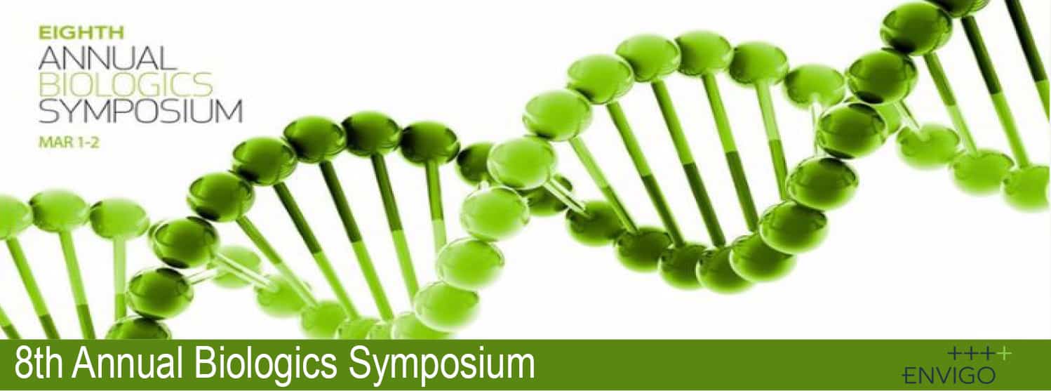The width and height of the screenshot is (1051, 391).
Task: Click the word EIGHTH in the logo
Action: (81, 33)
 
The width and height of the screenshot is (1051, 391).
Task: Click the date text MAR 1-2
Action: (69, 143)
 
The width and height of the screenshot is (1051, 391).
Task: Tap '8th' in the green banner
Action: (39, 364)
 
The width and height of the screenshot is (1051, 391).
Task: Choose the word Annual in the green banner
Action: (127, 364)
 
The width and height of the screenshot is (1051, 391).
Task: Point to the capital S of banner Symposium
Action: (362, 364)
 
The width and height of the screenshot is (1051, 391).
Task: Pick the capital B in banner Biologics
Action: (205, 364)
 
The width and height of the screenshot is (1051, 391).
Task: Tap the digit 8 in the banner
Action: (23, 364)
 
